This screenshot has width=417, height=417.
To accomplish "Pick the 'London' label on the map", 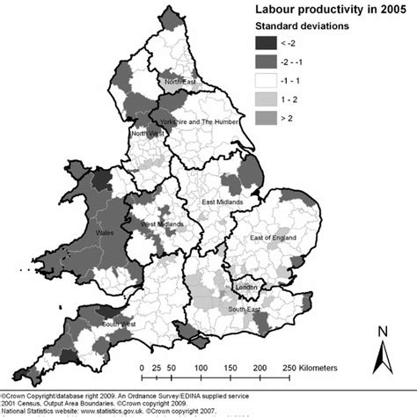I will (246, 287).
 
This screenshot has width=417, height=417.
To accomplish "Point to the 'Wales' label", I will (106, 234).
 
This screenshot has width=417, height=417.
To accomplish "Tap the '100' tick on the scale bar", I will (201, 369).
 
